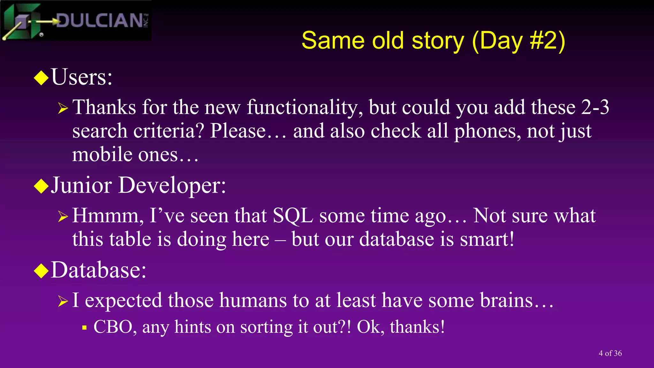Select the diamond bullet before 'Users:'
tap(41, 78)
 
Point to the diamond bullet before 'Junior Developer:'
tap(41, 186)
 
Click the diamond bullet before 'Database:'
tap(41, 271)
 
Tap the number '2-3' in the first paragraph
tap(595, 107)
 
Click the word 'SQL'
tap(293, 216)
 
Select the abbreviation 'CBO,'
tap(115, 327)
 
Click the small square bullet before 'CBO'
tap(84, 328)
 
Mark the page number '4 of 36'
tap(610, 353)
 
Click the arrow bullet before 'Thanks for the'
tap(63, 109)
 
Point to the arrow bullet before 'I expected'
tap(63, 301)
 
